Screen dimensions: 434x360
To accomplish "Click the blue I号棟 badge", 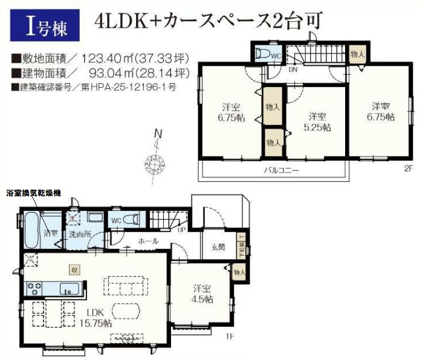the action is pyautogui.click(x=45, y=25).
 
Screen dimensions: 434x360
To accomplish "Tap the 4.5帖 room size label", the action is pyautogui.click(x=202, y=299).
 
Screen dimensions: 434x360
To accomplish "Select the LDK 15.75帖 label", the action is pyautogui.click(x=96, y=318).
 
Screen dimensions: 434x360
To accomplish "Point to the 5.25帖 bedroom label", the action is pyautogui.click(x=317, y=127).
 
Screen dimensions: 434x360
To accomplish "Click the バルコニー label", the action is pyautogui.click(x=280, y=170).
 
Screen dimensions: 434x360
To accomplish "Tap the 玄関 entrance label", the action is pyautogui.click(x=218, y=247).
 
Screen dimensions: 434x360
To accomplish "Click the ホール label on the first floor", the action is pyautogui.click(x=148, y=241).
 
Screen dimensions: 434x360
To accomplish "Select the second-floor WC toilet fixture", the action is pyautogui.click(x=263, y=53).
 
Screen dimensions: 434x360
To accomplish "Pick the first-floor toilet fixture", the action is pyautogui.click(x=131, y=220).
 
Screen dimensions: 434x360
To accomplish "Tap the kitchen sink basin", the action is pyautogui.click(x=70, y=289).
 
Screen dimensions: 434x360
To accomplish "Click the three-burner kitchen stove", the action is pyautogui.click(x=34, y=288).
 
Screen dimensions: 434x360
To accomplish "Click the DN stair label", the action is pyautogui.click(x=293, y=70).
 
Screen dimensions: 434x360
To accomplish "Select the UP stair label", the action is pyautogui.click(x=181, y=229).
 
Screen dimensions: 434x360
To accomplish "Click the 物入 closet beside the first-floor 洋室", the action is pyautogui.click(x=239, y=272).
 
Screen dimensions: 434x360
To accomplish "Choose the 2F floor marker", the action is pyautogui.click(x=408, y=169).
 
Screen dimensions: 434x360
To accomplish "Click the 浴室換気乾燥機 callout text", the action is pyautogui.click(x=33, y=193).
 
